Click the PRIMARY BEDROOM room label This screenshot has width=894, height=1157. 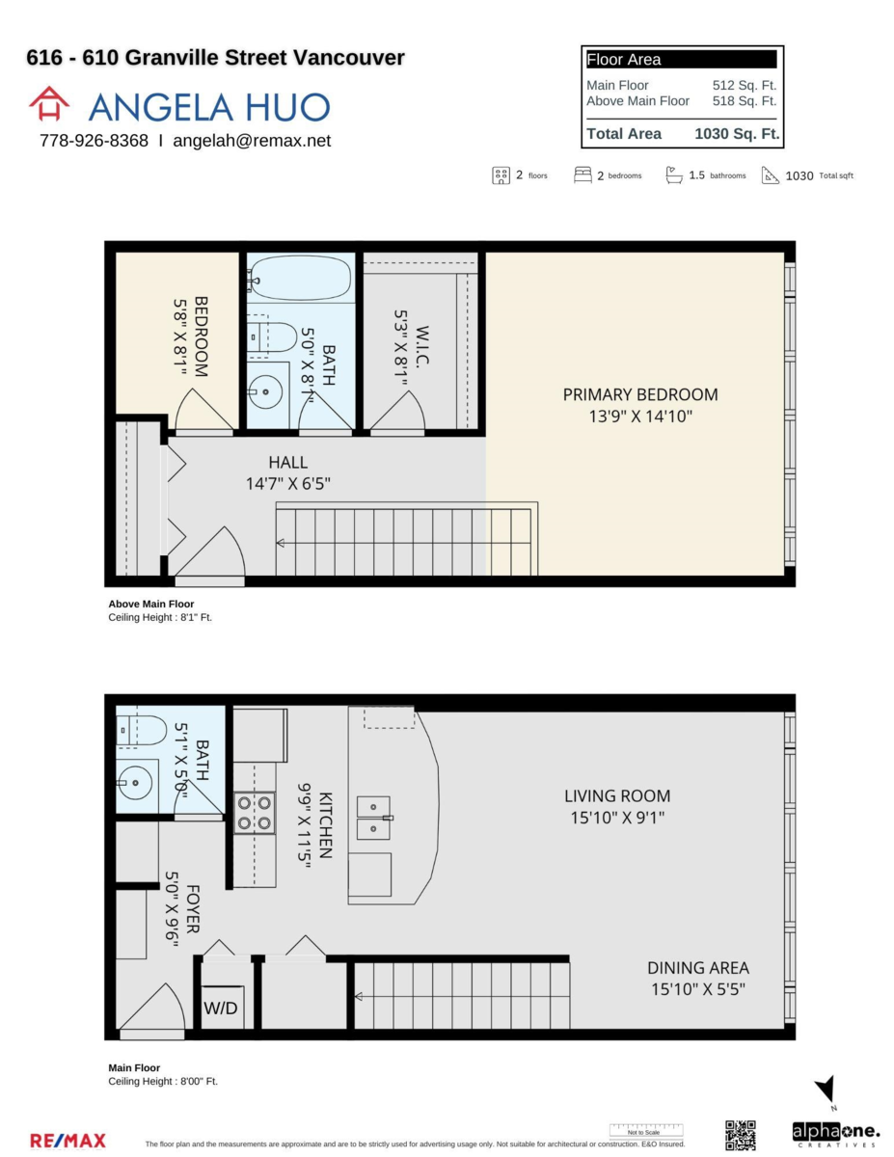[x=640, y=394]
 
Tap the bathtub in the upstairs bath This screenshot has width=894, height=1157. [x=300, y=278]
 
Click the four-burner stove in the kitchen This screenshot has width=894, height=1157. [x=255, y=812]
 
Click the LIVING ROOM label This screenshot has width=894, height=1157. [x=617, y=796]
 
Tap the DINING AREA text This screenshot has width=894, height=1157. [x=697, y=968]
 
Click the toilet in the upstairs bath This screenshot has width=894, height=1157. [x=274, y=336]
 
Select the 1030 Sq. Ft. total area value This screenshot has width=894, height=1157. [x=737, y=134]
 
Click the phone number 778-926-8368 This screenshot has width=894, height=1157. [x=94, y=141]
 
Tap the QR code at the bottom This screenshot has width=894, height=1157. [x=740, y=1135]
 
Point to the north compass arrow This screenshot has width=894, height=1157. [x=826, y=1090]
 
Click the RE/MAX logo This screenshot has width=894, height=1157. [x=68, y=1141]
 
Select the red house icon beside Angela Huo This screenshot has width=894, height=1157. [x=49, y=104]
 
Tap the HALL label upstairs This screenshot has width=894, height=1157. [x=288, y=463]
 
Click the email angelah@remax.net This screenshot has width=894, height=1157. [x=252, y=141]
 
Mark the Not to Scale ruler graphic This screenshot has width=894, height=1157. [x=645, y=1130]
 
